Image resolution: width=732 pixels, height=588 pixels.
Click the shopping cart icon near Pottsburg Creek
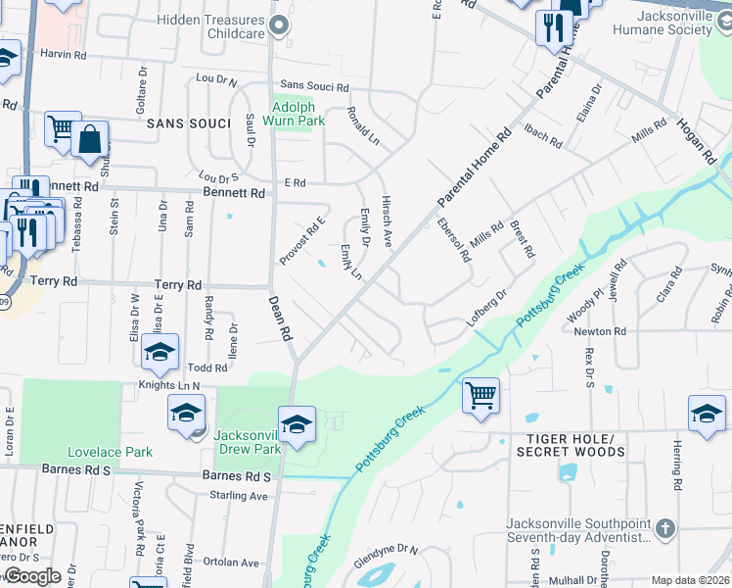click(x=480, y=397)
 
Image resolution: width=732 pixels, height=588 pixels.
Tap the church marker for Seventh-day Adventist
click(x=664, y=528)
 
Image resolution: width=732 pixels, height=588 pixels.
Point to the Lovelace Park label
click(x=110, y=453)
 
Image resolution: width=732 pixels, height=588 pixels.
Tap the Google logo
click(x=32, y=576)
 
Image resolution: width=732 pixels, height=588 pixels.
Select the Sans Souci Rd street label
click(x=314, y=87)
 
